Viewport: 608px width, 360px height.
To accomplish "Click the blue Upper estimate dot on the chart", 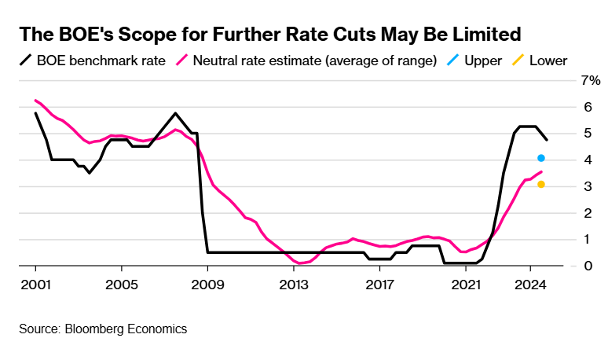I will pos(541,159).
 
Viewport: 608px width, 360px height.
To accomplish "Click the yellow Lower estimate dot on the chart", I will pos(541,185).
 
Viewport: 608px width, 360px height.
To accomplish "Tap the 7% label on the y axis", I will pos(590,80).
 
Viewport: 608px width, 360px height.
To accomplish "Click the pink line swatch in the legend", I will pos(182,60).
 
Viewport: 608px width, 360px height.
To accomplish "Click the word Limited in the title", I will pos(484,35).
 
